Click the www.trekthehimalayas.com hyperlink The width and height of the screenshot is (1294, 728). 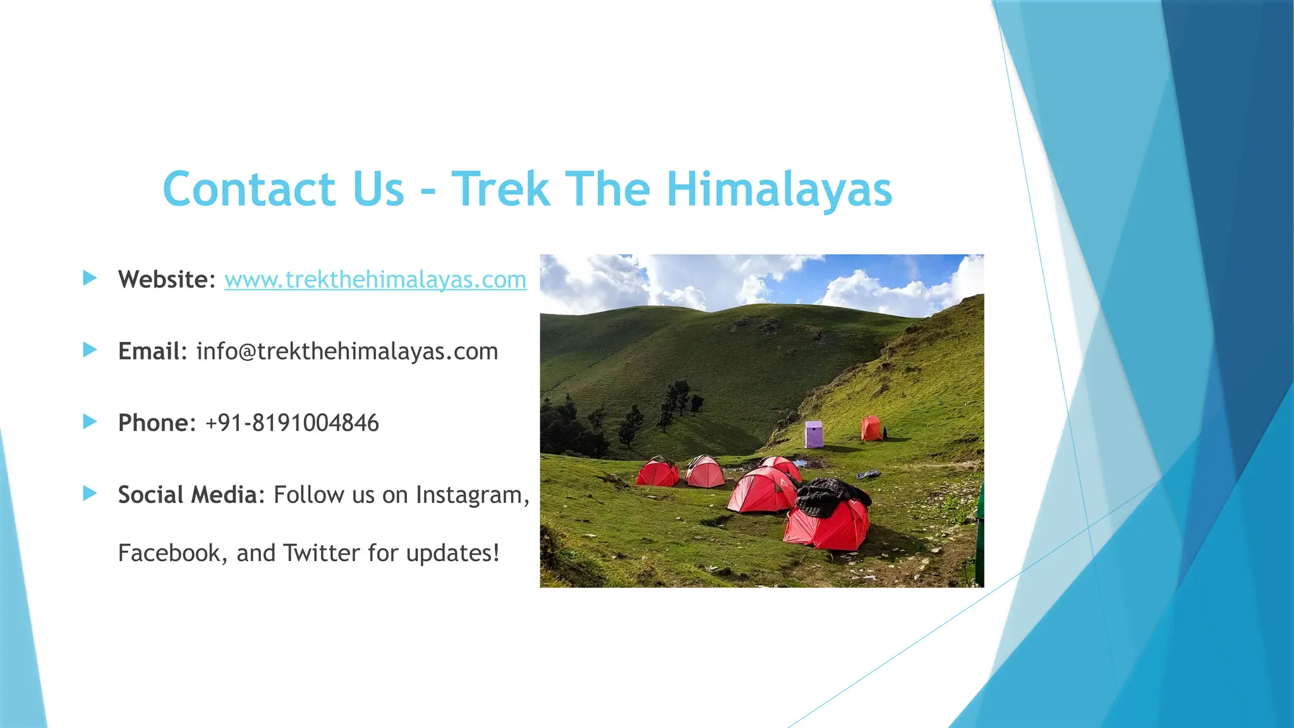[375, 279]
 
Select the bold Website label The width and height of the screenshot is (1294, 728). [163, 279]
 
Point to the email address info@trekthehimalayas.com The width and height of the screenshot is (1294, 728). [347, 351]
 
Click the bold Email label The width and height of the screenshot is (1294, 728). [149, 351]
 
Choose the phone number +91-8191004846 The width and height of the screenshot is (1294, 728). [292, 423]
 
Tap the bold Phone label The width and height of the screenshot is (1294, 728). [153, 423]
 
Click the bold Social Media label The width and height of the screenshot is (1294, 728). [187, 495]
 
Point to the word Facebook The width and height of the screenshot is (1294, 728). [169, 553]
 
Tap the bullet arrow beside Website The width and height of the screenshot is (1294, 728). [90, 278]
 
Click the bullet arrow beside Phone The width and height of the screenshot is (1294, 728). [90, 422]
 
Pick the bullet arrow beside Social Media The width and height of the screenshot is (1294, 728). [90, 494]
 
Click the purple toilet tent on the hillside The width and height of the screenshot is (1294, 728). [814, 434]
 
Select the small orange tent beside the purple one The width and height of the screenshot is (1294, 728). [872, 428]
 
